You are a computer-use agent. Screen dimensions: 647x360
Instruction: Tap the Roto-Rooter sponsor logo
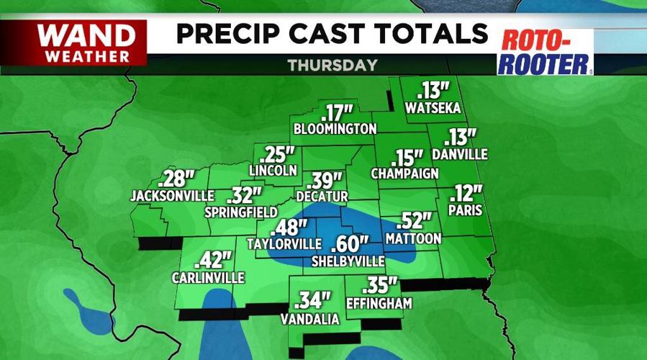click(545, 52)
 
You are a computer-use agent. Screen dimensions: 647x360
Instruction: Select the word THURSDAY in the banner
click(332, 65)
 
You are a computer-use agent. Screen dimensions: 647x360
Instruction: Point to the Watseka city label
click(433, 109)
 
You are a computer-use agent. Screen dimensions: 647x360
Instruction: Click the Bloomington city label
click(335, 129)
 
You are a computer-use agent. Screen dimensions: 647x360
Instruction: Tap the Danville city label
click(460, 154)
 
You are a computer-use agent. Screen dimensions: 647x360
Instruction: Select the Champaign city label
click(405, 174)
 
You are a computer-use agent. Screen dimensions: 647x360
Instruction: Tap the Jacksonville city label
click(172, 195)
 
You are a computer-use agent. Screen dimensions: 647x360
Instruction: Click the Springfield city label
click(241, 212)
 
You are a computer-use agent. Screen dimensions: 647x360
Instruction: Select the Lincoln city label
click(273, 171)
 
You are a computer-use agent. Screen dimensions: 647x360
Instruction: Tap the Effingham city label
click(379, 303)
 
